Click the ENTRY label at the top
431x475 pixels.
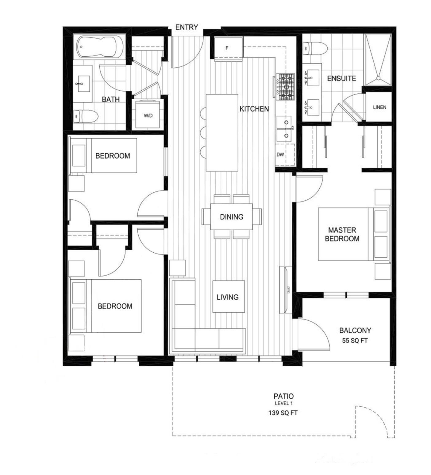click(x=187, y=27)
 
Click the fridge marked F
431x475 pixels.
click(x=227, y=48)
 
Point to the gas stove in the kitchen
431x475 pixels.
click(x=285, y=87)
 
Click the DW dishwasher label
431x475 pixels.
click(x=280, y=155)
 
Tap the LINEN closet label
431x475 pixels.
click(x=379, y=107)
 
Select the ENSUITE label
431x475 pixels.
click(x=341, y=78)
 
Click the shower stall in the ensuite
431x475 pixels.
click(x=378, y=60)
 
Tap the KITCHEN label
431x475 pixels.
click(x=254, y=109)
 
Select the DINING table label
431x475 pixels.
click(x=232, y=217)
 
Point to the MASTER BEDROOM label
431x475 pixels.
click(x=342, y=234)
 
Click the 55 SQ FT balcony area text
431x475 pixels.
click(x=355, y=340)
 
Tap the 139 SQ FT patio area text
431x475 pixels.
click(x=283, y=413)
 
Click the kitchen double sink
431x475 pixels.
click(x=286, y=129)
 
